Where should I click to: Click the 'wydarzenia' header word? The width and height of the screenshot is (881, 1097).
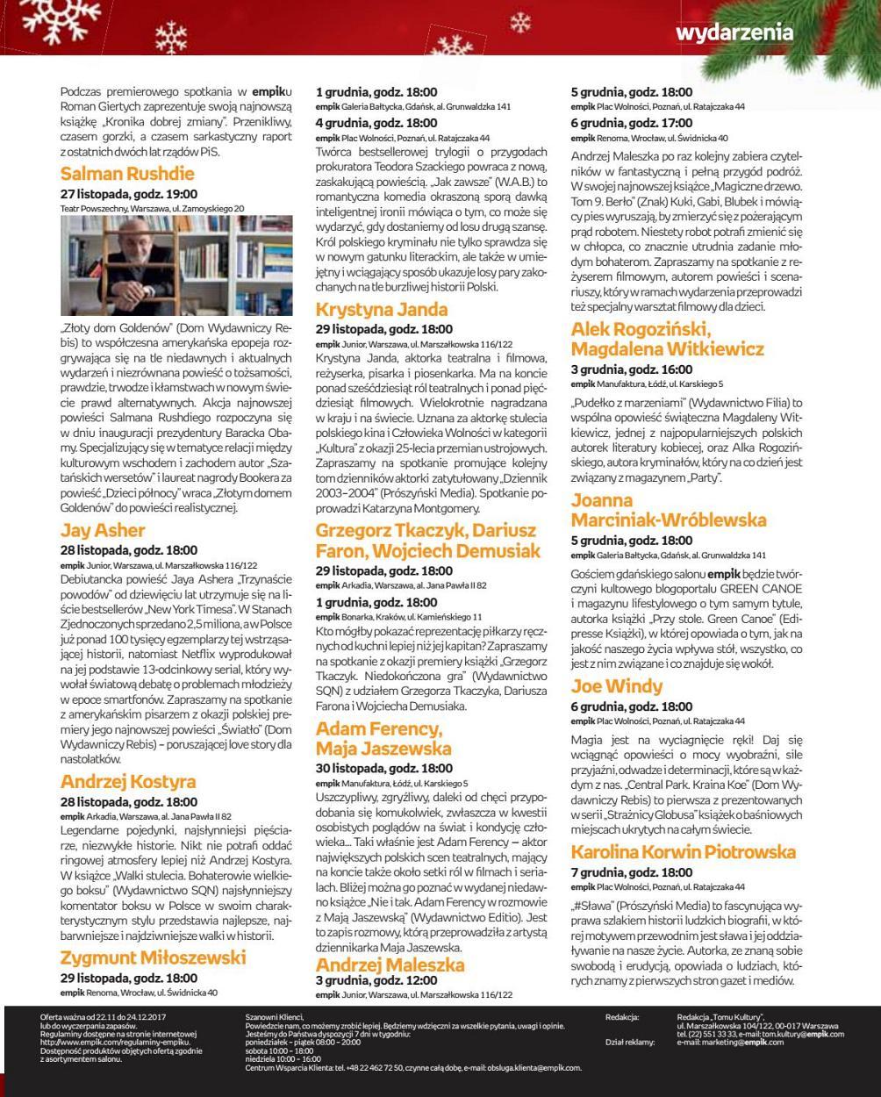click(734, 32)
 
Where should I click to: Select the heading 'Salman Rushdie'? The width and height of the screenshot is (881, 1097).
click(127, 173)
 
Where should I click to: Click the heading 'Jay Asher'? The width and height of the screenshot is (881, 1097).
click(103, 530)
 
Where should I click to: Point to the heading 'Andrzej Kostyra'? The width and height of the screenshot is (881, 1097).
click(128, 781)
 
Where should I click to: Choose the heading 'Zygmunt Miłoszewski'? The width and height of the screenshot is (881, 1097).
click(153, 957)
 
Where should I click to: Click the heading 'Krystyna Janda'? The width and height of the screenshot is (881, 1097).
click(382, 310)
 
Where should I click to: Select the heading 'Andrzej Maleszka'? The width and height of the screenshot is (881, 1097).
click(390, 964)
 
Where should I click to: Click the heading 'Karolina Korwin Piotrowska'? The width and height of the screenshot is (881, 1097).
click(684, 852)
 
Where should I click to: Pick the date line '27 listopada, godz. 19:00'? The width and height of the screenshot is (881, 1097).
click(129, 194)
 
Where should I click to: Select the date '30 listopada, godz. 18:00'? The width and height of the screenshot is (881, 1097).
click(384, 768)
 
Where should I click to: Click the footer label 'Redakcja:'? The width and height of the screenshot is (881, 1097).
click(622, 1017)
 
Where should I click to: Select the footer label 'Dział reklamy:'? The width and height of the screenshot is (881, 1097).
click(630, 1042)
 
